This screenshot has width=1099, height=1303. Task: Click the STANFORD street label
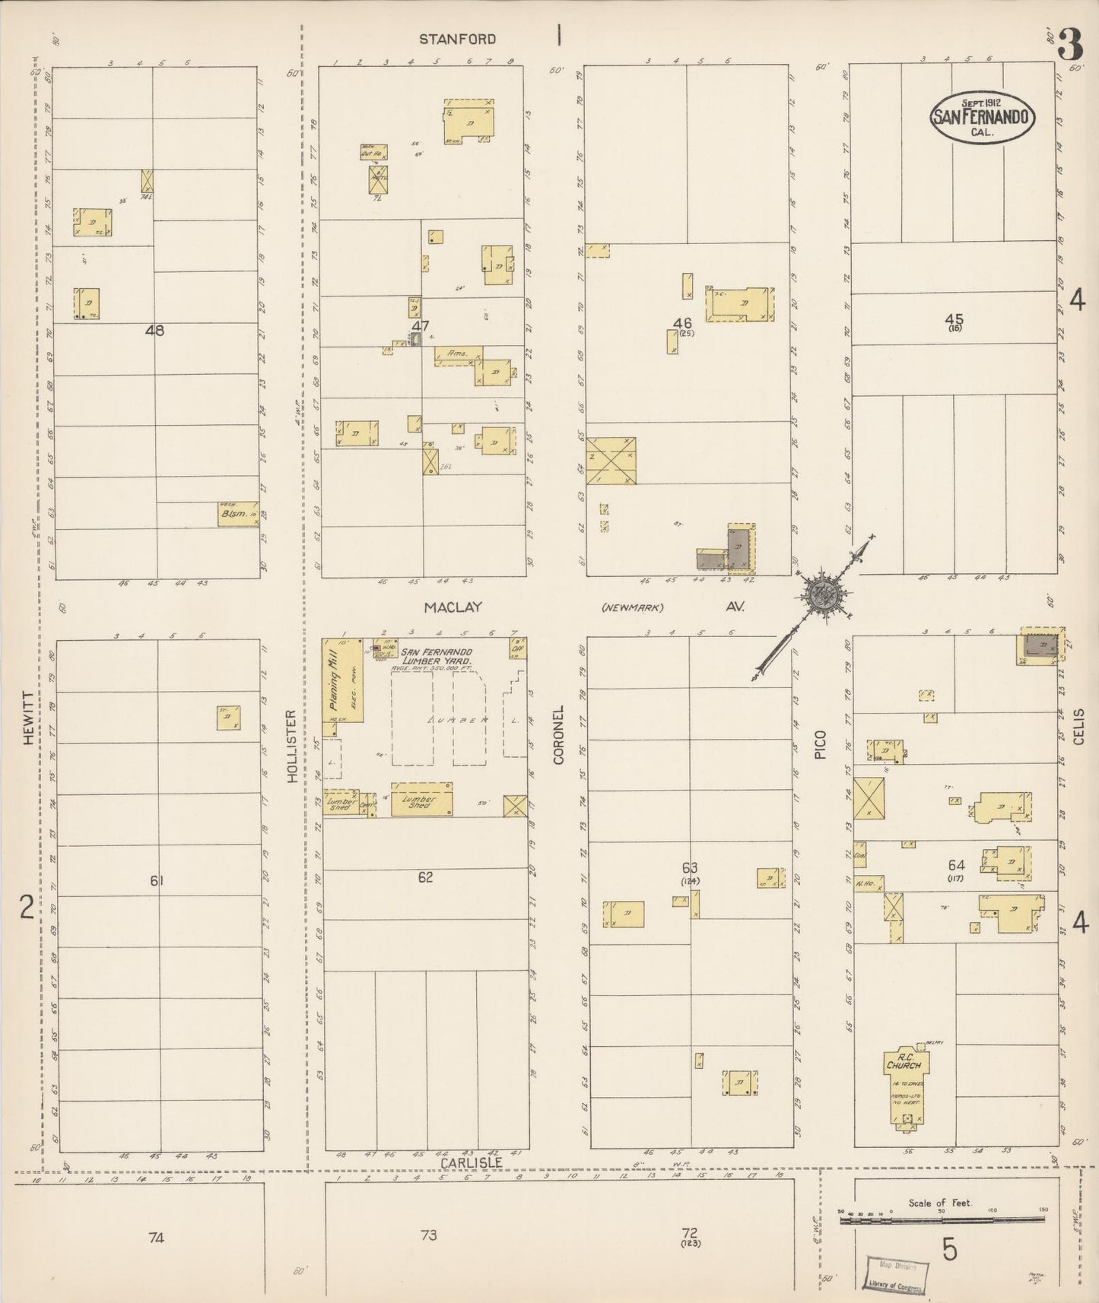click(x=459, y=39)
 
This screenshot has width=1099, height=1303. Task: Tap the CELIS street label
click(x=1078, y=726)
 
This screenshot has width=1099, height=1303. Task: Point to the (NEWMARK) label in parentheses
click(x=632, y=607)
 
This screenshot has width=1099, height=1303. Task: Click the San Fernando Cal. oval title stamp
click(x=983, y=117)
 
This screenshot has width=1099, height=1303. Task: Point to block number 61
click(x=157, y=880)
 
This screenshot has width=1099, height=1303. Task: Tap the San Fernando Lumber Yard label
click(x=437, y=657)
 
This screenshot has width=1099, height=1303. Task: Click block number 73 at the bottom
click(x=428, y=1235)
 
